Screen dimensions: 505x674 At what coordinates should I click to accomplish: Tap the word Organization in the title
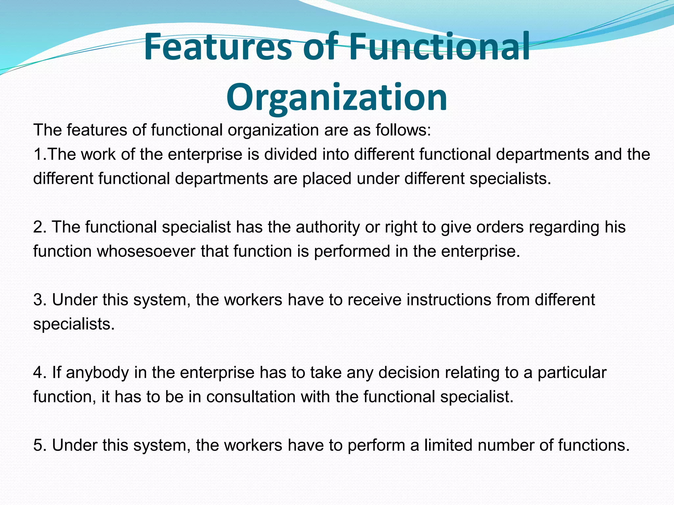[336, 97]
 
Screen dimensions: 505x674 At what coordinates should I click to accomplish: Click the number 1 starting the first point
[38, 155]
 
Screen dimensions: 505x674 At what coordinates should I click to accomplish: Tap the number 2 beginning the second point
[38, 227]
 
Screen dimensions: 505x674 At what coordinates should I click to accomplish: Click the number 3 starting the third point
[38, 300]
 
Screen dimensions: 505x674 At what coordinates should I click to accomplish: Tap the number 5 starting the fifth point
[38, 445]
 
